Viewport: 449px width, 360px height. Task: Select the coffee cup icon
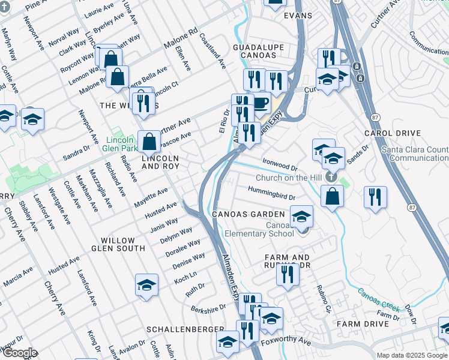point(260,103)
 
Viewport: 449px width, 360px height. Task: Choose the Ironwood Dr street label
point(280,163)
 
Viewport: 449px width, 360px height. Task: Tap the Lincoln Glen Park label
point(116,142)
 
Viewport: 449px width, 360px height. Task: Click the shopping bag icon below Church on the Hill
point(332,196)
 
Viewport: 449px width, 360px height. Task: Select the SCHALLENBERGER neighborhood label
point(185,330)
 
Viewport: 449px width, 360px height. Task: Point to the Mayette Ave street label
point(151,197)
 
